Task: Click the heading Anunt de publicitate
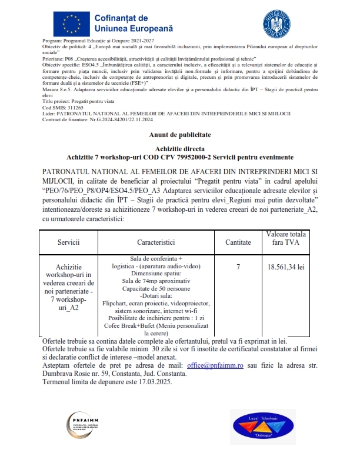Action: pos(179,135)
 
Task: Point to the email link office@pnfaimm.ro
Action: pos(215,365)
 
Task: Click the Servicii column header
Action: pos(68,242)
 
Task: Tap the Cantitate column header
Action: pos(238,242)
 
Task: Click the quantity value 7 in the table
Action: pos(238,267)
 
